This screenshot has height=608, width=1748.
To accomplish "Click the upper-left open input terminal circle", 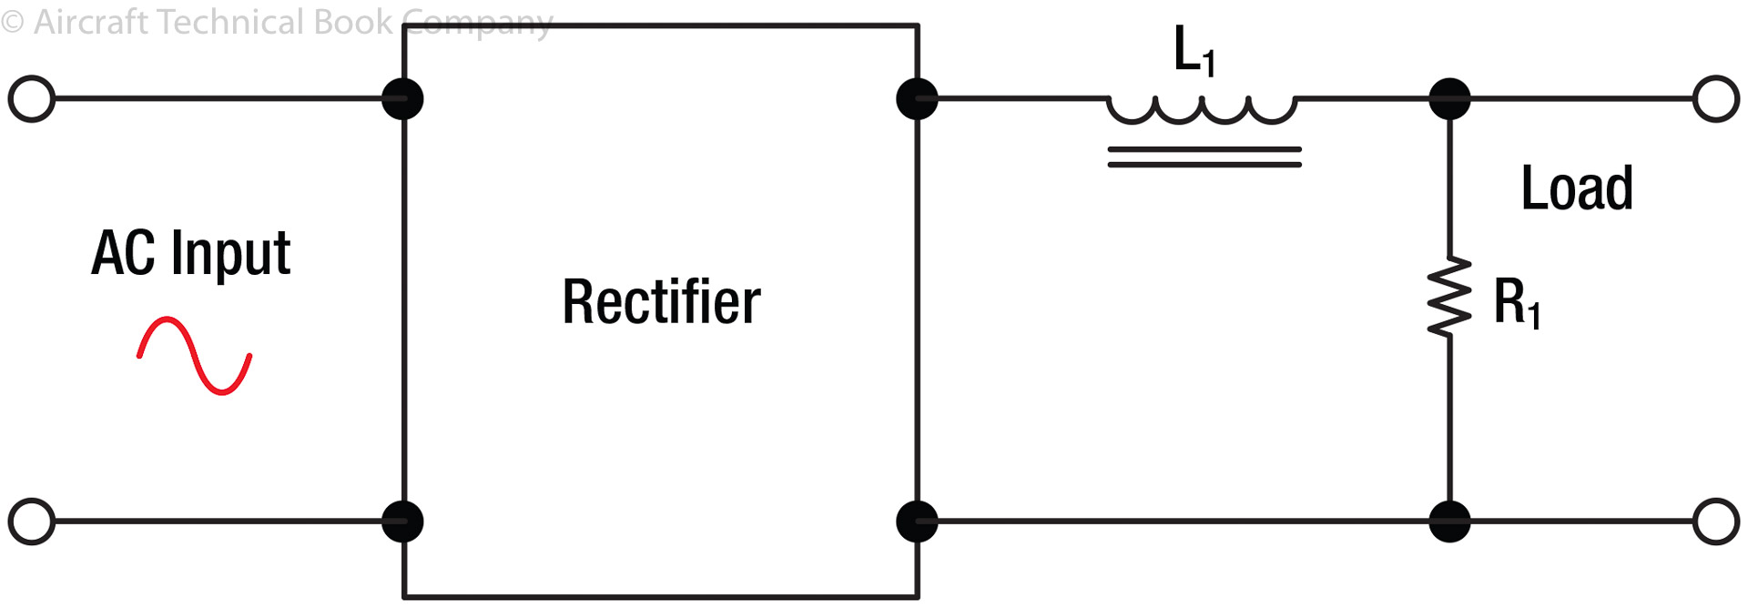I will (32, 99).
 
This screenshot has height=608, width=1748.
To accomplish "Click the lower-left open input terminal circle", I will (32, 522).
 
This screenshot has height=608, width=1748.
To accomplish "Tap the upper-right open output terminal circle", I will (1716, 99).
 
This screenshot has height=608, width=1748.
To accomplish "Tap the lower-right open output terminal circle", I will (1716, 522).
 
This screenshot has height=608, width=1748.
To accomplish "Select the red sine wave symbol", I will (194, 356).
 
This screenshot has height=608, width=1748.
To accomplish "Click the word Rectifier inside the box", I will (661, 302).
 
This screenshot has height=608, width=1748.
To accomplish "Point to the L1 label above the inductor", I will (1194, 51).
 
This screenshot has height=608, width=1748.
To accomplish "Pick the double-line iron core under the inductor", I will (1204, 157).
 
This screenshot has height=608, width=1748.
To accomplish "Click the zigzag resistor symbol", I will (1449, 297).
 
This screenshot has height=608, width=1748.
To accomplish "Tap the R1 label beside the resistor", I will (1517, 303).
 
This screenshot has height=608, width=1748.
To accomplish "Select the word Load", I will (1577, 188).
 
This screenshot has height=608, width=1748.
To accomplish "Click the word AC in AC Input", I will (124, 253).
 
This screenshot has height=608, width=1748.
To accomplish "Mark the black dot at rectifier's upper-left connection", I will (402, 99).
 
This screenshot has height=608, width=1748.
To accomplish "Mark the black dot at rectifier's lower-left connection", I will (402, 522).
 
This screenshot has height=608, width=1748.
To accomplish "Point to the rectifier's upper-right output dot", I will (917, 99).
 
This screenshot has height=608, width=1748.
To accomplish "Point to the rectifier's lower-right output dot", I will (917, 522).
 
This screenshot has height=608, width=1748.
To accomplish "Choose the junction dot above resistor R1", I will (1449, 99).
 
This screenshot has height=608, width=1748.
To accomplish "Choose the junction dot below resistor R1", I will (1449, 522).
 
